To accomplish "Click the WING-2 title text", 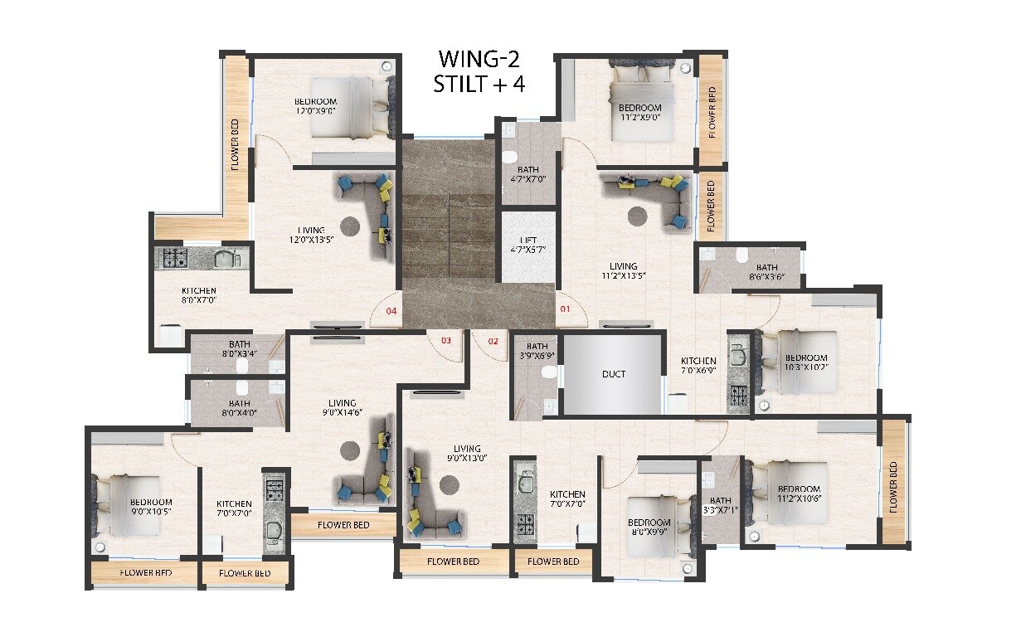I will (481, 60).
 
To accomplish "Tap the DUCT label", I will (614, 374).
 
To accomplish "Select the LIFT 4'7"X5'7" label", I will (528, 245).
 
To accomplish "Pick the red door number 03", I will (445, 340).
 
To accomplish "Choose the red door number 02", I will (493, 340).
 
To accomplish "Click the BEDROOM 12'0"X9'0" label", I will (315, 106).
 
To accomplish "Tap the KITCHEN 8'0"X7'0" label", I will (199, 296).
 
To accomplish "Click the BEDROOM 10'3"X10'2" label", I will (806, 362).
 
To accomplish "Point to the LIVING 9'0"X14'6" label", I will (342, 407).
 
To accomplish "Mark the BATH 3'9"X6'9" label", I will (537, 351).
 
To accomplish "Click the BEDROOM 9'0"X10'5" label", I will (151, 507).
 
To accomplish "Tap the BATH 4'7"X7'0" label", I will (527, 174).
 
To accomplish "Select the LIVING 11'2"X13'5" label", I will (623, 271).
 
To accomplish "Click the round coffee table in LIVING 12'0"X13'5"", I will (350, 225).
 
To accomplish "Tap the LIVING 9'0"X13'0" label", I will (467, 454).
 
